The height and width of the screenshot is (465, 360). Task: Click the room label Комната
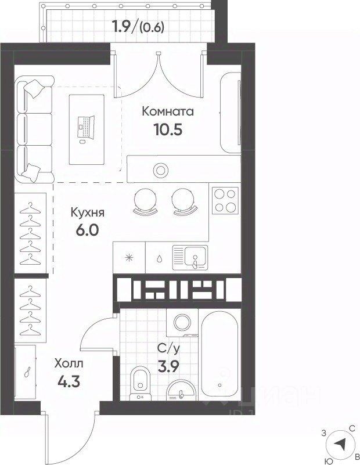tap(168, 111)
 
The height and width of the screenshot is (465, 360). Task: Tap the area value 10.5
tap(168, 129)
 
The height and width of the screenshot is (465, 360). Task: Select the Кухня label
tap(88, 212)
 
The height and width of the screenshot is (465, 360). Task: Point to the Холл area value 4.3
tap(69, 381)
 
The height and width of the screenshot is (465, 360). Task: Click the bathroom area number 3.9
tap(168, 367)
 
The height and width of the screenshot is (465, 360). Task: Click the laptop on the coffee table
tap(86, 127)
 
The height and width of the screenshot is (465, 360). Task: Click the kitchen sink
tap(190, 258)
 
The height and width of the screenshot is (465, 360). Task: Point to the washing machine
tap(182, 323)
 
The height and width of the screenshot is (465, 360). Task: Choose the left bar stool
tap(145, 201)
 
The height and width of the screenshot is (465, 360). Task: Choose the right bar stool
tap(184, 201)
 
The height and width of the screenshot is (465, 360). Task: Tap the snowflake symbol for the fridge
tap(129, 257)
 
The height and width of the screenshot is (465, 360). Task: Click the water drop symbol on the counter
tap(160, 258)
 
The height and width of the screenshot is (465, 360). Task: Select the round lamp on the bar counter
tap(161, 170)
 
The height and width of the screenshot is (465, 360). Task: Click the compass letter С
tap(352, 428)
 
